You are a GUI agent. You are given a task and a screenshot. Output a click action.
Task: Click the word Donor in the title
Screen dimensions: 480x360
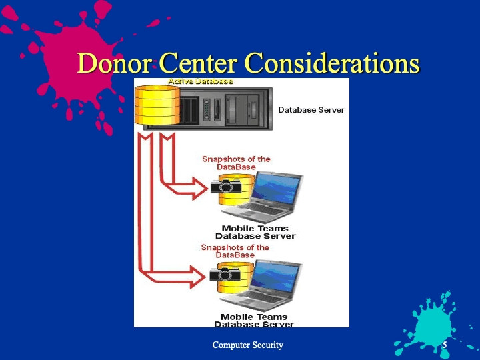click(114, 63)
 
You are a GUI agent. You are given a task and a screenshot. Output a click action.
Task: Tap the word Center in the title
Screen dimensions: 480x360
click(198, 63)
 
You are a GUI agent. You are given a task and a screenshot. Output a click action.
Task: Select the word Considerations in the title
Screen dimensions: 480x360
click(333, 63)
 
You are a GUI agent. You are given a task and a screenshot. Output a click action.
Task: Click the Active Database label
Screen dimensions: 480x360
click(201, 81)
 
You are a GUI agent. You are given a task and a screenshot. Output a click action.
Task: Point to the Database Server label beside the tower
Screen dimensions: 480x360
click(311, 110)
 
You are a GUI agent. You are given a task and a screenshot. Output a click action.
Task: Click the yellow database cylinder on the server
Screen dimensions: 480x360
click(157, 105)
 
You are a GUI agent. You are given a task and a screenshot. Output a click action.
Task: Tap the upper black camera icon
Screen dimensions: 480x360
click(225, 186)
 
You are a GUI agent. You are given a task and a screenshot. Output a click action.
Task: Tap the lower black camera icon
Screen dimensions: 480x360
click(225, 274)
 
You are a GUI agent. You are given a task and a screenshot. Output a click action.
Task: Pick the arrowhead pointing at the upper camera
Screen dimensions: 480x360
click(199, 188)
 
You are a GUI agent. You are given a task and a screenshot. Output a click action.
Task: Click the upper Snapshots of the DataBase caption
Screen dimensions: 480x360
click(236, 163)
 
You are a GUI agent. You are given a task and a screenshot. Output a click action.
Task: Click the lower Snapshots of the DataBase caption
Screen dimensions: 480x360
click(235, 251)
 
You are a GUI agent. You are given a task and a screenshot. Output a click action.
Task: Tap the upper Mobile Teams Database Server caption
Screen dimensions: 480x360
click(255, 233)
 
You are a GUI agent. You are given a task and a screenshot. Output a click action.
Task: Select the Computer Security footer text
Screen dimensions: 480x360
click(247, 345)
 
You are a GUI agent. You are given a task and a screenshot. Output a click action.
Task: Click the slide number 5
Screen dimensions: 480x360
click(445, 345)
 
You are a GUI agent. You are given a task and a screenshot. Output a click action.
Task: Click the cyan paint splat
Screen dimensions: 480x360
click(435, 326)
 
